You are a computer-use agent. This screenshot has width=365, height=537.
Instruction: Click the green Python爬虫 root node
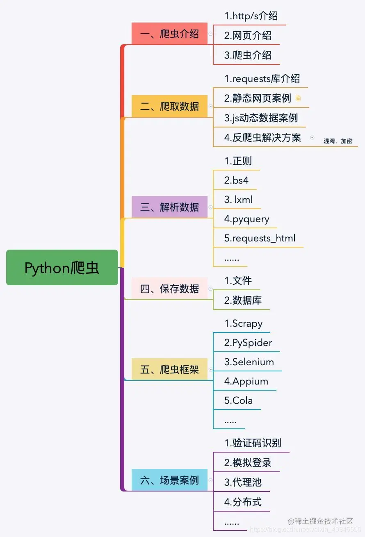[62, 268]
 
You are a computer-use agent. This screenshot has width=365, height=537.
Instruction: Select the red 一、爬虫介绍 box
[169, 34]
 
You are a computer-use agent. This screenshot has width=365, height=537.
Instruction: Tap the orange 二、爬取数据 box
[169, 106]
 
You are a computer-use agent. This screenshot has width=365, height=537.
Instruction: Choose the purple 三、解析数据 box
[169, 207]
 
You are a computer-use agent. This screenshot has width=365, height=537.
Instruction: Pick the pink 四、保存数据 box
[169, 289]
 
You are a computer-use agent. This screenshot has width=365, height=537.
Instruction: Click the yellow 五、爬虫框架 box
[169, 369]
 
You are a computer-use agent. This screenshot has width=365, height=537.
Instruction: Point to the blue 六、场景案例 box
[169, 480]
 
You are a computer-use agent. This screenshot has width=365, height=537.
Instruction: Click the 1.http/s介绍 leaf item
[251, 16]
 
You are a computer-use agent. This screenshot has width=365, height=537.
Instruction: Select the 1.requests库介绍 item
[262, 78]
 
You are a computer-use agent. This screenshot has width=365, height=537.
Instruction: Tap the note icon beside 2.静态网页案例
[298, 98]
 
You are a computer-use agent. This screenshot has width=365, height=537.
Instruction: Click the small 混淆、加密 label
[338, 141]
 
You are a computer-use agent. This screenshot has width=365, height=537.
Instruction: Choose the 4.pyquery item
[247, 219]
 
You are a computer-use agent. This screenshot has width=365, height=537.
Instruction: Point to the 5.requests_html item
[260, 238]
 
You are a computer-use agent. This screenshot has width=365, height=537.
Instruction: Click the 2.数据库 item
[243, 300]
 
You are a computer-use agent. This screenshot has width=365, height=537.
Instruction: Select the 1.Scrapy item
[244, 323]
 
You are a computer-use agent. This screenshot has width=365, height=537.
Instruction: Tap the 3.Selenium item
[249, 362]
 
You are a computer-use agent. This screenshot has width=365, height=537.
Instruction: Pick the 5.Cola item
[238, 400]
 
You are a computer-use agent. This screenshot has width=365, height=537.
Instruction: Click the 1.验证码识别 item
[253, 443]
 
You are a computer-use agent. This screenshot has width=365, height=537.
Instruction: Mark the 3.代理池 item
[243, 482]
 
